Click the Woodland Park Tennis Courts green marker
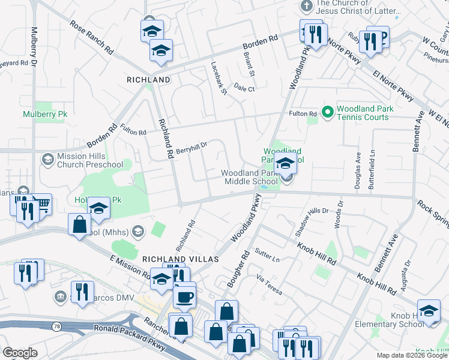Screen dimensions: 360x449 click(328, 112)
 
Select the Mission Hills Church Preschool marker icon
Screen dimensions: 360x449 click(47, 159)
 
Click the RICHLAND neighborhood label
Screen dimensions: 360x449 click(148, 79)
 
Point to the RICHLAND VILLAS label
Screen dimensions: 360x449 click(172, 259)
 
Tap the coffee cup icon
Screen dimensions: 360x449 click(184, 296)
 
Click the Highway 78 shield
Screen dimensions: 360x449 click(55, 326)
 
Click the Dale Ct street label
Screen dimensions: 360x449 click(244, 88)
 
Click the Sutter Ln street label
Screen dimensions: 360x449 click(267, 255)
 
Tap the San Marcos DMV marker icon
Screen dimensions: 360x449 click(59, 296)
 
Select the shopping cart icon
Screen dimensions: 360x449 click(41, 205)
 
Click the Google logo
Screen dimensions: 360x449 click(20, 353)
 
